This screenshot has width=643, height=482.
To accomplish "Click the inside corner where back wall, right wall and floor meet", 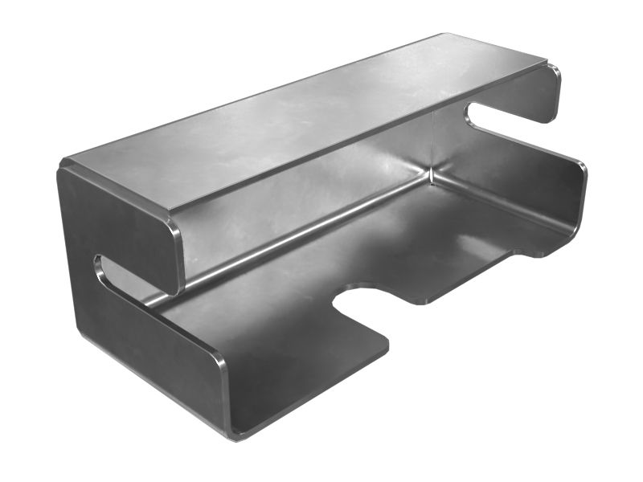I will (432, 178).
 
